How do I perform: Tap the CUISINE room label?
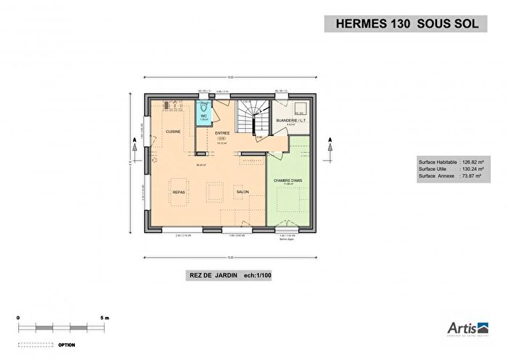click(x=173, y=132)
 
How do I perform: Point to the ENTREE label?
click(x=222, y=133)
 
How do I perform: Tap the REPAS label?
click(x=179, y=192)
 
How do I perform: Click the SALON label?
click(x=242, y=192)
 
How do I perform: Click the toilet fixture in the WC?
click(x=203, y=106)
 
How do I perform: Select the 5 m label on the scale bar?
click(x=105, y=319)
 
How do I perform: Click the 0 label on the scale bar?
click(x=20, y=319)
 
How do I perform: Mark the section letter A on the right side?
click(x=331, y=139)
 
